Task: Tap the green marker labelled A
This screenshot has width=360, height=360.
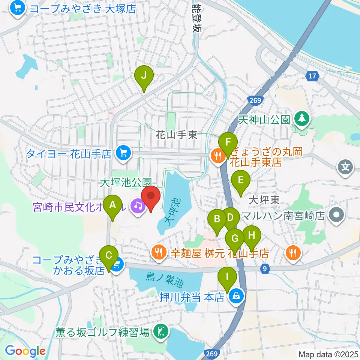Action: tap(112, 207)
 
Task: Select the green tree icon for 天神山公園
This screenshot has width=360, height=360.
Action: tap(301, 119)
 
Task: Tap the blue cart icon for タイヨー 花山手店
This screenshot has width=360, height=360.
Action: tap(122, 153)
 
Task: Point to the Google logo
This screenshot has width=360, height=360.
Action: tap(25, 351)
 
